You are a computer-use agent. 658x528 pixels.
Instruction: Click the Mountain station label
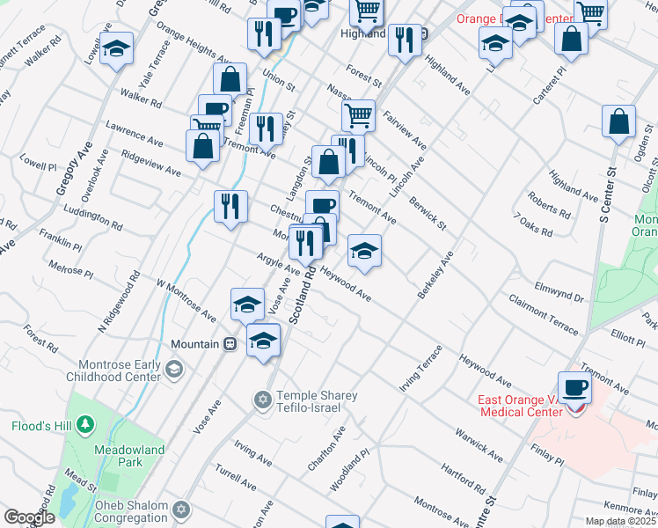click(194, 344)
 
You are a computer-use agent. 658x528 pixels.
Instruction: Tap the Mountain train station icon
click(230, 344)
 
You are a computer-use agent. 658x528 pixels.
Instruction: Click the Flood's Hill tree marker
click(84, 427)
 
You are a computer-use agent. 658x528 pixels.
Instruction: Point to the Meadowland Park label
click(119, 455)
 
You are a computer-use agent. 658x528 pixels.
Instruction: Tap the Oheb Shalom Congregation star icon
click(181, 510)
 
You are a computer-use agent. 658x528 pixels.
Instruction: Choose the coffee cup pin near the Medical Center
click(574, 386)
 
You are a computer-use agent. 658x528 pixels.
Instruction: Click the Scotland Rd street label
click(301, 297)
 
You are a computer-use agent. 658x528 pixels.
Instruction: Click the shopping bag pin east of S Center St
click(618, 122)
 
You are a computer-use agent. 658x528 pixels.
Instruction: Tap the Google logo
click(28, 517)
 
